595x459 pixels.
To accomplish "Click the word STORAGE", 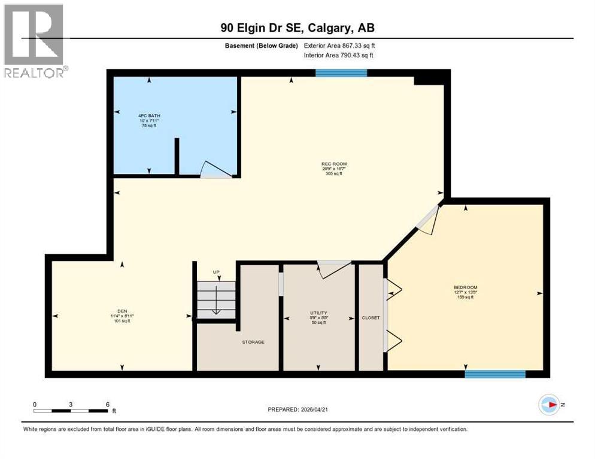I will click(253, 342).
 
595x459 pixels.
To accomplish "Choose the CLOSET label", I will click(371, 318).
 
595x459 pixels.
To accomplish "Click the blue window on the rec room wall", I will click(341, 73).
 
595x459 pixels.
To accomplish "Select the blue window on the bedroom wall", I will click(495, 374).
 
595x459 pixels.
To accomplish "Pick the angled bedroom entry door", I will click(429, 218).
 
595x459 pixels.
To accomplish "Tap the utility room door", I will click(333, 269).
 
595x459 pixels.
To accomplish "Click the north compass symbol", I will click(549, 405).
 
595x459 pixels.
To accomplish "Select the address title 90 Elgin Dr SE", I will click(297, 27).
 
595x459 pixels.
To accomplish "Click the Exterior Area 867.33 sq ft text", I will click(339, 45).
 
